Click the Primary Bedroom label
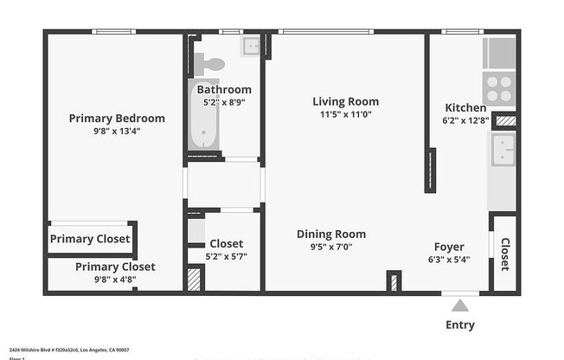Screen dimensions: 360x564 tap(116, 118)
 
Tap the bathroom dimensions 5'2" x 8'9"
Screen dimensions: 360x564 tap(224, 102)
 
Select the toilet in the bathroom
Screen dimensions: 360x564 tap(210, 63)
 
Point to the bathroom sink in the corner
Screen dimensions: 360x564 tap(252, 46)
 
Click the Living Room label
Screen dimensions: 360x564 tap(345, 101)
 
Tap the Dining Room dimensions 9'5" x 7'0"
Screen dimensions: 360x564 tap(330, 247)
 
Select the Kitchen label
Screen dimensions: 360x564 tap(464, 107)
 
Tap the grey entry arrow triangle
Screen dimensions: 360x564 tap(460, 305)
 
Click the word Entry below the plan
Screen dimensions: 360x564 tap(460, 325)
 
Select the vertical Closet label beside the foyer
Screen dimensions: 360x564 tap(505, 254)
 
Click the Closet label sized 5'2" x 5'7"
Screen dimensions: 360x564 tap(226, 244)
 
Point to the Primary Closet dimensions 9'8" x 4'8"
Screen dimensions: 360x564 tap(115, 280)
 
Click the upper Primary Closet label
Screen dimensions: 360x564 tap(90, 239)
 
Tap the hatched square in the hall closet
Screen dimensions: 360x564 tap(194, 279)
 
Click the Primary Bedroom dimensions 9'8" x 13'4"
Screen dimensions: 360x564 tap(116, 132)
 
